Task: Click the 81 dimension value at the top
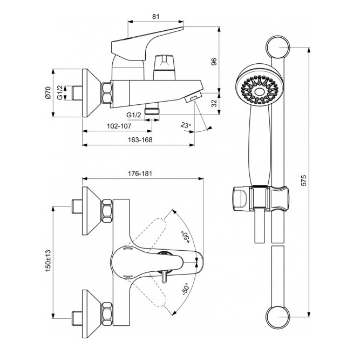click(x=155, y=17)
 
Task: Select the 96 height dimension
click(x=214, y=62)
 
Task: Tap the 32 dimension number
click(x=214, y=103)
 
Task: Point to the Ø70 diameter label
click(x=48, y=93)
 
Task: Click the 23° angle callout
click(x=186, y=125)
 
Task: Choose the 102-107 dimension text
click(x=119, y=126)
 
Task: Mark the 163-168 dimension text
click(x=140, y=140)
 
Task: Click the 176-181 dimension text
click(x=140, y=173)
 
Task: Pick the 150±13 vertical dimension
click(x=48, y=260)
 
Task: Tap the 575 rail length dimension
click(x=304, y=180)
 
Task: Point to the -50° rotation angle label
click(x=185, y=289)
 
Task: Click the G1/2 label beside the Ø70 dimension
click(x=60, y=92)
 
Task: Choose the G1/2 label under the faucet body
click(x=134, y=115)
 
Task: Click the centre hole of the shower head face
click(x=259, y=92)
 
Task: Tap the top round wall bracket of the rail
click(x=278, y=47)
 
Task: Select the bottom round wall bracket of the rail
click(x=278, y=317)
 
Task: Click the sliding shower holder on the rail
click(x=260, y=198)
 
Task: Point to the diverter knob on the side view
click(x=164, y=67)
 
